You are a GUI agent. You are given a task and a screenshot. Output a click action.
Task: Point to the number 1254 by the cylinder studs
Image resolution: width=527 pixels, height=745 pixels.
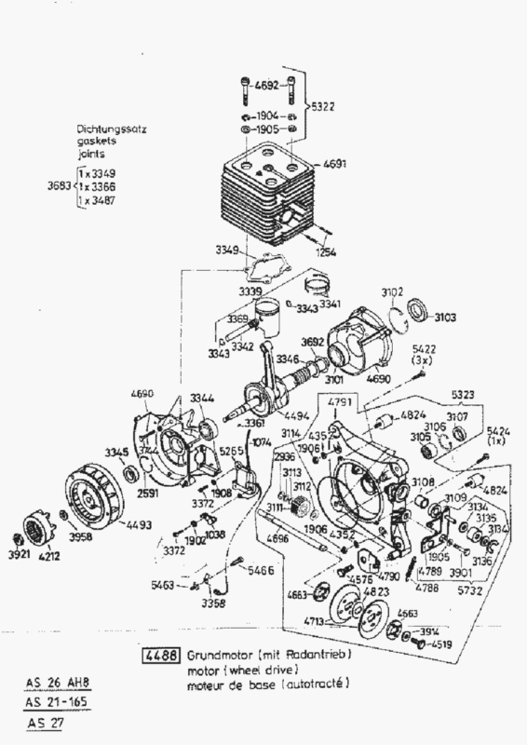325,252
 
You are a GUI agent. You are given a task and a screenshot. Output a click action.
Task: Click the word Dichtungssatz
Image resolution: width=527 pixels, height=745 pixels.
115,130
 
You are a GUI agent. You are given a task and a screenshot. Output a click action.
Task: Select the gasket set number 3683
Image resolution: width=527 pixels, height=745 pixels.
60,187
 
